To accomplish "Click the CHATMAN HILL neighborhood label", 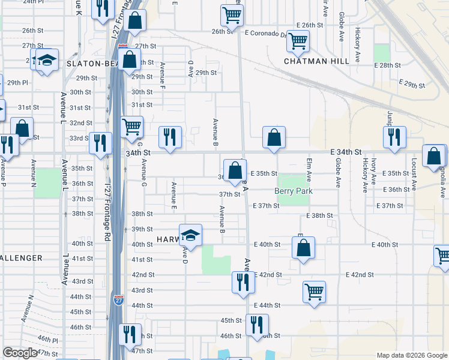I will point(316,61).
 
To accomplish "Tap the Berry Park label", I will point(294,191).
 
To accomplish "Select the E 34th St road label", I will point(348,153).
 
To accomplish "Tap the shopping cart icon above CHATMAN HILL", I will point(298,41).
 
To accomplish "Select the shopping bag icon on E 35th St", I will point(235,170).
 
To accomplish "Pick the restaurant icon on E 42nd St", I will point(243,281).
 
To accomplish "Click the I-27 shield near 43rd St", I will point(119,300).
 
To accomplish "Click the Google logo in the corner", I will point(20,353).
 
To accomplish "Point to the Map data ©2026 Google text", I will point(411,355).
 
